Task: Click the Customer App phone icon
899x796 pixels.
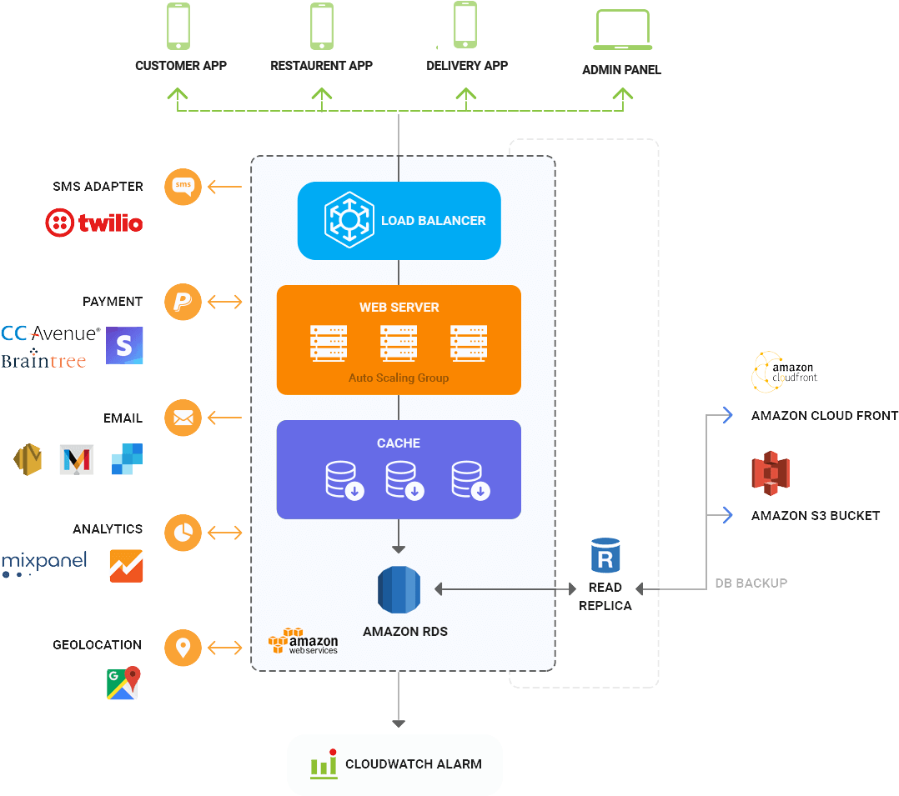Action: (178, 26)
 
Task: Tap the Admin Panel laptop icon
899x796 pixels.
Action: (621, 30)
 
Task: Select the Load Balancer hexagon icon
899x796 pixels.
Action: (349, 220)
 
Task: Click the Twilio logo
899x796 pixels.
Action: (93, 223)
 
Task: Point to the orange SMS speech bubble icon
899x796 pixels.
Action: (183, 187)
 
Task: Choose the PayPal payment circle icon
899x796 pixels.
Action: (183, 302)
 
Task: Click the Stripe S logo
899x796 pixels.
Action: (124, 345)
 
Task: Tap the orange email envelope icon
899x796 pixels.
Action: (183, 418)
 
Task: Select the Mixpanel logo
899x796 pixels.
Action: (43, 563)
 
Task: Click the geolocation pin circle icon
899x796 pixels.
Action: (183, 648)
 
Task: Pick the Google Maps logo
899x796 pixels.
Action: (123, 683)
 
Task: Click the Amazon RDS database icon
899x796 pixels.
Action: (399, 589)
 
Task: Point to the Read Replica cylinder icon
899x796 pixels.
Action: (605, 556)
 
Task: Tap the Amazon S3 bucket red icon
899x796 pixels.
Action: (770, 473)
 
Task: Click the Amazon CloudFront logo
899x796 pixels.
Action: (784, 372)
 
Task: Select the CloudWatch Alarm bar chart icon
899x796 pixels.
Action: (324, 764)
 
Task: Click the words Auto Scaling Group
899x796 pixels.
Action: (399, 378)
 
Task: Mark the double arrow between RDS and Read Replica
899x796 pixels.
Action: (505, 589)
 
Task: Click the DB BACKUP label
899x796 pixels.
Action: (751, 583)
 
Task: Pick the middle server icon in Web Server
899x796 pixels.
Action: (399, 343)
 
